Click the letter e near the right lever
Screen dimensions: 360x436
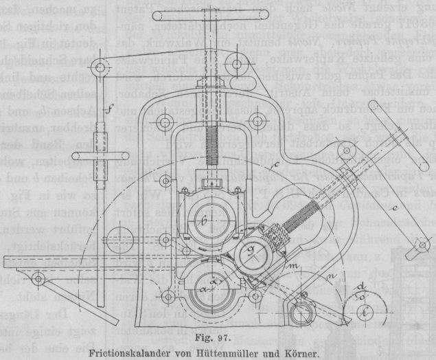coord(374,204)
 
